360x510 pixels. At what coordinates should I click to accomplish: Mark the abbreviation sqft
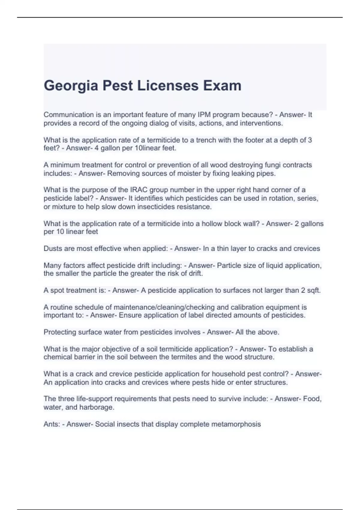point(314,290)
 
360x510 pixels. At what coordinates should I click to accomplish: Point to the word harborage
point(97,407)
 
